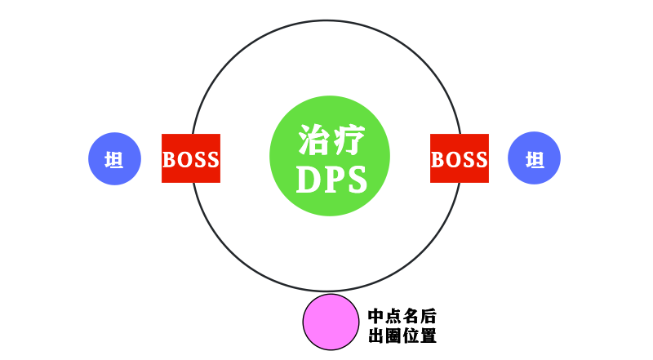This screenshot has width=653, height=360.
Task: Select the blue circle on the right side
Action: [x=535, y=158]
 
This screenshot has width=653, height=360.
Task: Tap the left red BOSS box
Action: [x=191, y=158]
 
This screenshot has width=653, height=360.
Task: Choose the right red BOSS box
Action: [x=460, y=158]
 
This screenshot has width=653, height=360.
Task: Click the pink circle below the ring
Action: [x=330, y=321]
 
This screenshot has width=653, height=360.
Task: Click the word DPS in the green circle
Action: [x=330, y=180]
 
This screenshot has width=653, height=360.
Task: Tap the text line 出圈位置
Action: [x=402, y=336]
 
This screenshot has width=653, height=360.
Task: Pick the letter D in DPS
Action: [x=308, y=180]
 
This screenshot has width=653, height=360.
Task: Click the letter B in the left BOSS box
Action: [x=170, y=159]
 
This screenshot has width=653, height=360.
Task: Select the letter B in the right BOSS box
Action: [x=438, y=159]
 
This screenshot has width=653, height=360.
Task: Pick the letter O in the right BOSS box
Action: [x=452, y=159]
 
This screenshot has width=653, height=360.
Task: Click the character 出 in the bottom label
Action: [x=377, y=336]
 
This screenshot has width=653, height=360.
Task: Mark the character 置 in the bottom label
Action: [x=428, y=336]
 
